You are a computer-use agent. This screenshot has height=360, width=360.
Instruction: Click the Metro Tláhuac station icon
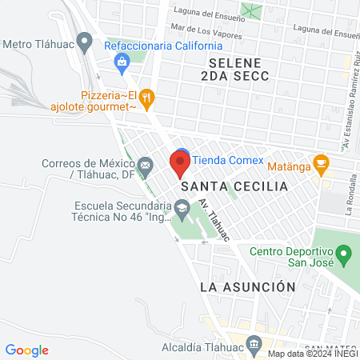click(x=84, y=39)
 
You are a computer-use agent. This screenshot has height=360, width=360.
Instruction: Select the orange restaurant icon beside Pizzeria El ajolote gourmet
click(x=146, y=98)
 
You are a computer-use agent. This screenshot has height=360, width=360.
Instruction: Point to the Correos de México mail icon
click(x=146, y=166)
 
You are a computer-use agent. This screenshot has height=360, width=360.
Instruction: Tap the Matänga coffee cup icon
click(x=321, y=164)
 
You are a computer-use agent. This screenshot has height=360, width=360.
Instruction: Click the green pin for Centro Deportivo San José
click(x=344, y=257)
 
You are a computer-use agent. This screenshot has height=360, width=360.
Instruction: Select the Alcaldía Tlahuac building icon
click(x=254, y=346)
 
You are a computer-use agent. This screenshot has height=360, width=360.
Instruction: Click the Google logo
click(x=26, y=350)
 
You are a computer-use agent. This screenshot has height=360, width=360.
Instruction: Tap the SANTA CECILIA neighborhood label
click(x=234, y=186)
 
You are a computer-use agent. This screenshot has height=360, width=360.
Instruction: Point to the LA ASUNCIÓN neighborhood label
click(x=248, y=286)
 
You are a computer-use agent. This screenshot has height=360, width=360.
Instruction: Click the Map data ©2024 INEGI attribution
click(x=311, y=354)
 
